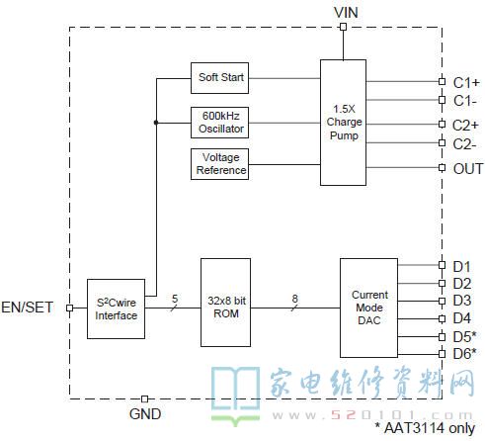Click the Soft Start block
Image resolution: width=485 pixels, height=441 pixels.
point(219,78)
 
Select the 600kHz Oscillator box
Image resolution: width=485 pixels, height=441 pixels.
point(219,123)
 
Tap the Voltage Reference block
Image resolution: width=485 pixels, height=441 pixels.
point(219,164)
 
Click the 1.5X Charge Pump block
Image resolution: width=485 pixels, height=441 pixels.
point(343,123)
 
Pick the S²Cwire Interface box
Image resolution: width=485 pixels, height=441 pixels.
point(116,309)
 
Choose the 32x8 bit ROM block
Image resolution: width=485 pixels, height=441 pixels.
point(225,303)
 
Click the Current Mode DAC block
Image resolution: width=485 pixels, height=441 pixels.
point(368,308)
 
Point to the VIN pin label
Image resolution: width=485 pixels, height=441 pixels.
point(346,13)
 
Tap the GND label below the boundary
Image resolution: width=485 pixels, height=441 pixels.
point(145,414)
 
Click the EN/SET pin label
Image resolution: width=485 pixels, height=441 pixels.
point(28,308)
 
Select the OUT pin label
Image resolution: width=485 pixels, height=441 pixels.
point(468,169)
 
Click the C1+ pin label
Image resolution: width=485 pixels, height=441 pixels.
point(466,83)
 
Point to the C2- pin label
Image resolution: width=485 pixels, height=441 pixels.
point(464,144)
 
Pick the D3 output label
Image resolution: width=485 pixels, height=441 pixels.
point(462,301)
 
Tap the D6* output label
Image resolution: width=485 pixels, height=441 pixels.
point(464,354)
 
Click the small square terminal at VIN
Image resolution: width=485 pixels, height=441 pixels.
point(343,27)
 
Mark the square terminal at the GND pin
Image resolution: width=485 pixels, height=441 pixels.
point(144,399)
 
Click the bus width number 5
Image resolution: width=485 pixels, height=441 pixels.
point(175,299)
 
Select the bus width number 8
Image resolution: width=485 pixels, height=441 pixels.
point(294,299)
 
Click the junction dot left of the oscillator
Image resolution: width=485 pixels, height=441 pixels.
point(156,123)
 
